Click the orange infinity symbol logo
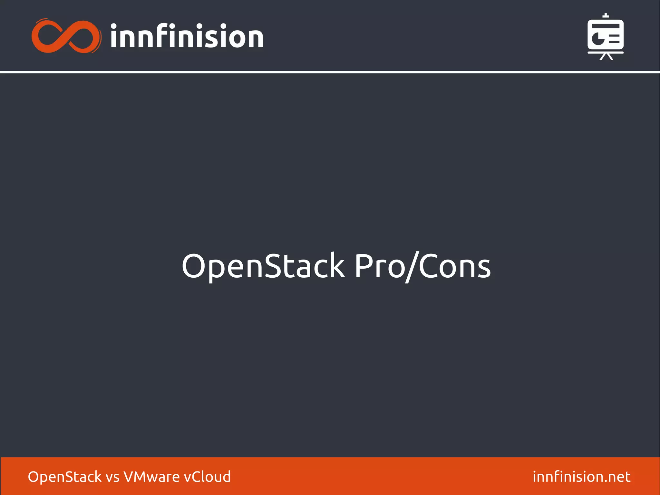(66, 36)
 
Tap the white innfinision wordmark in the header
(187, 36)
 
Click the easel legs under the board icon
(606, 57)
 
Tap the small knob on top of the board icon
(606, 15)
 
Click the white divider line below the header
(330, 72)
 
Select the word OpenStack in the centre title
(263, 266)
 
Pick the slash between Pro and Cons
(412, 267)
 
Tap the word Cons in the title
(454, 266)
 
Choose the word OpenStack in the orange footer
(64, 477)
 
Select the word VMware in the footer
(151, 477)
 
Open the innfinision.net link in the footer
(581, 477)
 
